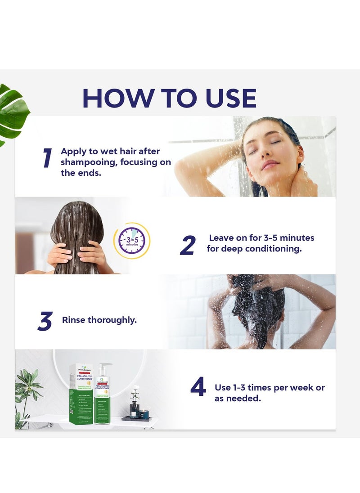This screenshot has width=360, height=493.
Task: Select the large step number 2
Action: click(188, 246)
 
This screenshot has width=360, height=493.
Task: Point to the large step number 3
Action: click(45, 321)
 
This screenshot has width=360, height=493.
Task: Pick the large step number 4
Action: click(198, 388)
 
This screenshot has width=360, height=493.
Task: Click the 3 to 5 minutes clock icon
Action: click(132, 241)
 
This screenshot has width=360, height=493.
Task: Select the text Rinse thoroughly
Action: click(99, 320)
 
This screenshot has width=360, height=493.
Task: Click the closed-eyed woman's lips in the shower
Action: click(270, 164)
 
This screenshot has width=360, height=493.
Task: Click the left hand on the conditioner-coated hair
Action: click(60, 254)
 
